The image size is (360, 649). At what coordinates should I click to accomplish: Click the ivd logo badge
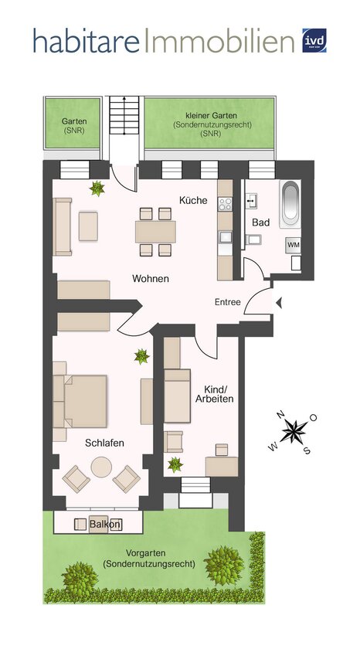tap(314, 40)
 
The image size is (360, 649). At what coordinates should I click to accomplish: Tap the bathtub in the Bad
tap(290, 204)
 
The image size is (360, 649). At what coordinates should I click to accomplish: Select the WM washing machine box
tap(294, 245)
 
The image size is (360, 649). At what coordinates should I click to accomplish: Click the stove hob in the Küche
tap(226, 204)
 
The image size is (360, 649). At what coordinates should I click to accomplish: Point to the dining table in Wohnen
tap(155, 231)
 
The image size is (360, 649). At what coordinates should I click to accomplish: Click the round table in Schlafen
tap(101, 467)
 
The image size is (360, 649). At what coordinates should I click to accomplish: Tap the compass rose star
tap(294, 432)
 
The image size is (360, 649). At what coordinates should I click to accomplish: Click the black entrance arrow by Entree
tap(279, 303)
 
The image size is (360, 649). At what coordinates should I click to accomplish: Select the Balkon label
tap(106, 525)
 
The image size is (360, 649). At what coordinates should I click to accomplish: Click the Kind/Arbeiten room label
tap(219, 394)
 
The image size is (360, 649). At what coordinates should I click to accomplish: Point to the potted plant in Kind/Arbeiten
tap(175, 464)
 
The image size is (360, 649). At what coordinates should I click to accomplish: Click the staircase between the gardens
tap(124, 115)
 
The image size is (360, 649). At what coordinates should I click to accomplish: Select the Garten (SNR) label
tap(74, 125)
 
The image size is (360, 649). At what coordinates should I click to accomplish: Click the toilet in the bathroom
tap(253, 240)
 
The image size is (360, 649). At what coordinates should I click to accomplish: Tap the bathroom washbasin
tap(252, 201)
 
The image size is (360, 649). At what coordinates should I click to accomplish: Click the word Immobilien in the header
tap(219, 40)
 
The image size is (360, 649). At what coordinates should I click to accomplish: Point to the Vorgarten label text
tap(149, 559)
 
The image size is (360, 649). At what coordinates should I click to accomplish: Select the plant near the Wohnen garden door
tap(97, 189)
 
